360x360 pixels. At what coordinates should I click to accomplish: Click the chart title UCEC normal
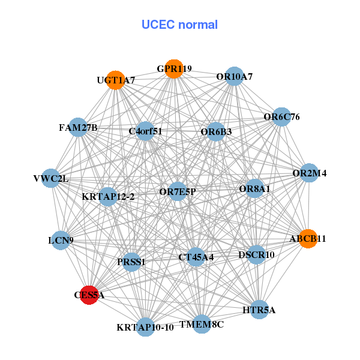(x=179, y=25)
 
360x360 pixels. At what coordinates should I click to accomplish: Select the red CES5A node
(x=89, y=295)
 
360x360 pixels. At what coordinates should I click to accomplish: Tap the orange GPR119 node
(x=173, y=69)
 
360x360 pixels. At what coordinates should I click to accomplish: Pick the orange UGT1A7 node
(x=116, y=80)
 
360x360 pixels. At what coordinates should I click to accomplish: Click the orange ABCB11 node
(x=308, y=238)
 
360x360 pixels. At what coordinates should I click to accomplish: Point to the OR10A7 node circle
(x=235, y=76)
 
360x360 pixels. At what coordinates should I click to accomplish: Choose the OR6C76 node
(x=281, y=117)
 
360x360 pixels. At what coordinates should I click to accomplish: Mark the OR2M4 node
(x=309, y=173)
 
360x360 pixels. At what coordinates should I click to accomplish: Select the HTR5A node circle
(x=259, y=310)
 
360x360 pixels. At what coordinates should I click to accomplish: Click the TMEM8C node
(x=202, y=324)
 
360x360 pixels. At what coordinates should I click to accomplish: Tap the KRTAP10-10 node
(x=145, y=327)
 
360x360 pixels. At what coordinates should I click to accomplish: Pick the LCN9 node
(x=61, y=241)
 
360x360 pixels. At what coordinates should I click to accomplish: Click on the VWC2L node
(x=51, y=178)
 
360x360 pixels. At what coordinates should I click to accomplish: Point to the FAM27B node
(x=78, y=127)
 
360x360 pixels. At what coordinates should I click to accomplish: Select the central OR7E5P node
(x=178, y=191)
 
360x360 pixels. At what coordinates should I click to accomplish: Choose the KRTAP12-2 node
(x=108, y=196)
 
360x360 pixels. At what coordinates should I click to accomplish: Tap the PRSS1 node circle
(x=131, y=262)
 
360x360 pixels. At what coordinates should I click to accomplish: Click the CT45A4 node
(x=196, y=257)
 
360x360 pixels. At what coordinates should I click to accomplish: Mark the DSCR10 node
(x=256, y=254)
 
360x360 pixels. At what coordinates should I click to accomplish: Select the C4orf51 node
(x=145, y=130)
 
